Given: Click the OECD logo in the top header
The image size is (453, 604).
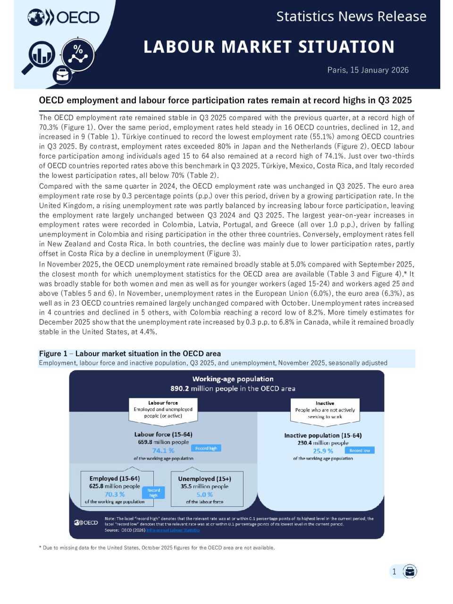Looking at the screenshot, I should [x=64, y=17].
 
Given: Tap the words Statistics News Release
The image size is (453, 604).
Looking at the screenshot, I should [x=351, y=17].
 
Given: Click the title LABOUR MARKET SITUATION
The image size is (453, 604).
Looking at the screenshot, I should [x=269, y=47].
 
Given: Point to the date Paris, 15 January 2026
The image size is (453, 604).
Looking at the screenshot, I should [x=368, y=70].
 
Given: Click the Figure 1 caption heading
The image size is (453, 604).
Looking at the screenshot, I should [x=130, y=353].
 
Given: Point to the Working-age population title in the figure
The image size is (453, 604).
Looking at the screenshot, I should [x=233, y=379].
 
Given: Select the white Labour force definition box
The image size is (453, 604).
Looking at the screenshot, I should [x=163, y=410].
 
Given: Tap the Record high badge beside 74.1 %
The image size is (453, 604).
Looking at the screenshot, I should [x=206, y=448].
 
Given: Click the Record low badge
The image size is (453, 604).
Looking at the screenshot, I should [x=360, y=450].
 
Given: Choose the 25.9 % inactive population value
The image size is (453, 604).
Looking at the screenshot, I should [x=323, y=451].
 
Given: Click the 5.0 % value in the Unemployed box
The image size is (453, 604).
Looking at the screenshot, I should [x=204, y=495].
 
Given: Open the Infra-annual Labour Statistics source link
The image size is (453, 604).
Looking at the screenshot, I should [x=173, y=530].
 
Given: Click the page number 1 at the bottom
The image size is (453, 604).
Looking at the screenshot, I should [x=394, y=571].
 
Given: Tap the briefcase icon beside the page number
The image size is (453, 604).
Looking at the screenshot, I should [x=410, y=571].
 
